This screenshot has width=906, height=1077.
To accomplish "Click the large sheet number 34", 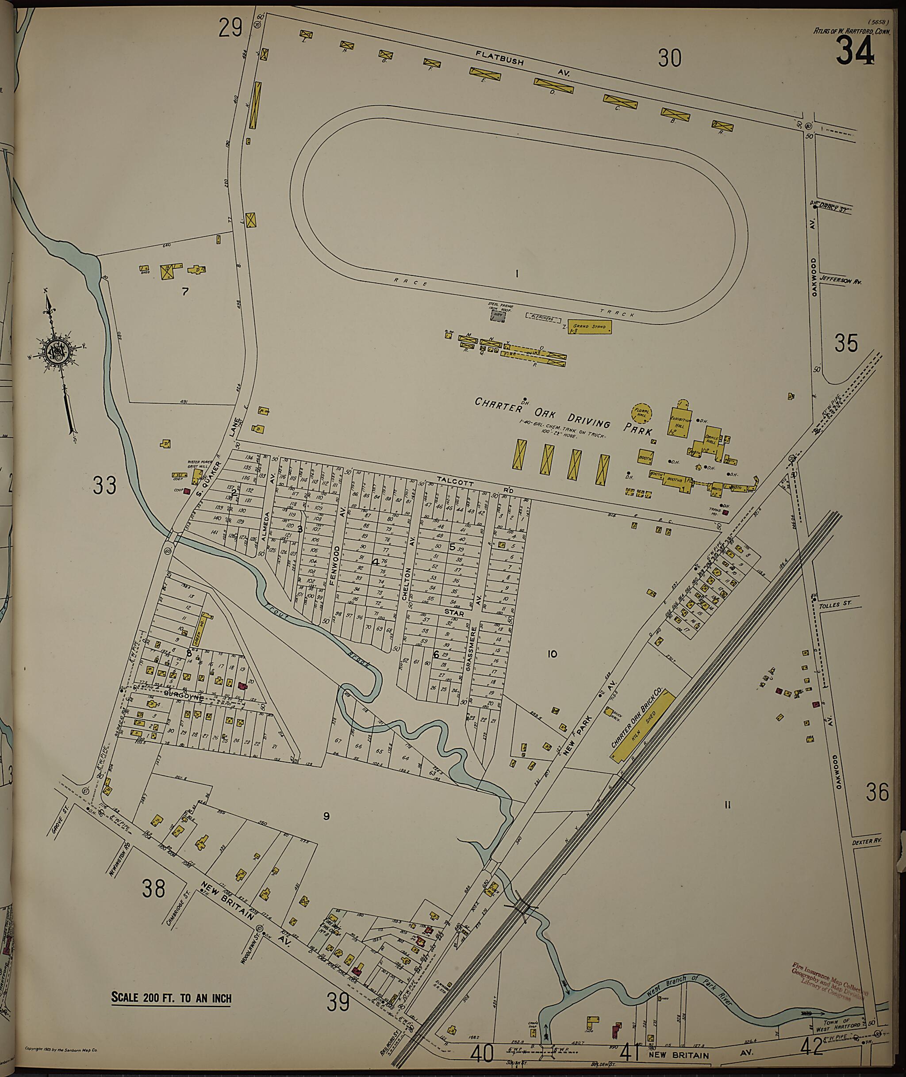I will [854, 53].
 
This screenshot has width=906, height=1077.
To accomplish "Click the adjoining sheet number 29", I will [230, 28].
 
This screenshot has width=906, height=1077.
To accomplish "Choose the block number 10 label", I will [552, 654].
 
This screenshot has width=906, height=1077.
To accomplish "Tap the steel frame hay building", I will [497, 317].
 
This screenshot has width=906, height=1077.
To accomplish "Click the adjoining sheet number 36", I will [877, 793].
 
